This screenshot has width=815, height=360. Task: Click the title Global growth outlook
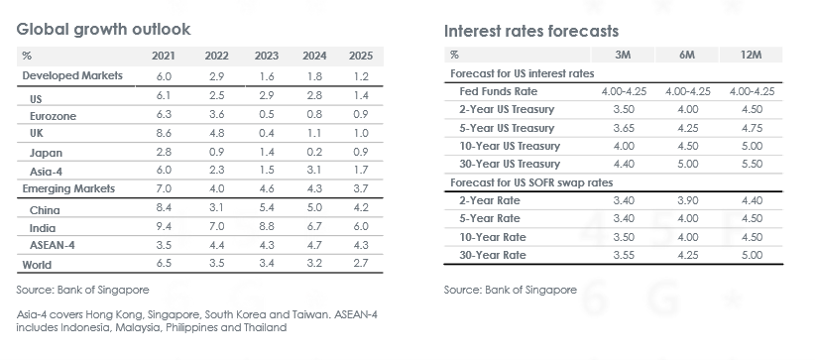tap(103, 29)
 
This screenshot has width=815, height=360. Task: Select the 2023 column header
tap(266, 56)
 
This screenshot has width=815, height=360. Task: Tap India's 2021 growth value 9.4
tap(164, 226)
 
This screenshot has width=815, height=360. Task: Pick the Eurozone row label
tap(53, 116)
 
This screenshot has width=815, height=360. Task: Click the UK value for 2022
tap(216, 133)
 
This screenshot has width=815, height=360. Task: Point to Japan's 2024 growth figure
tap(314, 152)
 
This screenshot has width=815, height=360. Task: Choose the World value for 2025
tap(361, 263)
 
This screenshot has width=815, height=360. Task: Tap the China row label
tap(45, 210)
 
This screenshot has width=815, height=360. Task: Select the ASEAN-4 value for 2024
tap(314, 245)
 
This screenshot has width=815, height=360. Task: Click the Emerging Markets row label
tap(68, 188)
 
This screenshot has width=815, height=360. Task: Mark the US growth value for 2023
tap(266, 96)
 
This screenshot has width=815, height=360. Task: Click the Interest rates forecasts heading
tap(531, 31)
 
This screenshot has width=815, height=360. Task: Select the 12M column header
tap(751, 55)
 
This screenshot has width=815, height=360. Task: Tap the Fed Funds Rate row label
tap(499, 91)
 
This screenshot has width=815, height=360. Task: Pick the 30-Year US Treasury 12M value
tap(752, 164)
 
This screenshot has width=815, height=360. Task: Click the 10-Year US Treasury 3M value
tap(624, 146)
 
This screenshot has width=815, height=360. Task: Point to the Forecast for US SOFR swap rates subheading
tap(531, 182)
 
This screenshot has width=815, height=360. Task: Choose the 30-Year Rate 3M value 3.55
tap(624, 255)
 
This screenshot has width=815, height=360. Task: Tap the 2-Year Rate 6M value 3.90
tap(688, 200)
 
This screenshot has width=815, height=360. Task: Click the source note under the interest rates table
tap(511, 290)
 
